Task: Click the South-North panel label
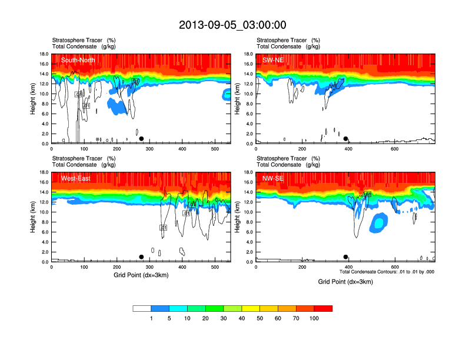click(x=78, y=60)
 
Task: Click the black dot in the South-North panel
click(x=141, y=139)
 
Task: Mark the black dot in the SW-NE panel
click(x=346, y=139)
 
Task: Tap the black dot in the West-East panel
click(x=141, y=257)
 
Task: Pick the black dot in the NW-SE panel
click(x=346, y=257)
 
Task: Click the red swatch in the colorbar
click(x=322, y=308)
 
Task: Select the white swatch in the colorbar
click(x=142, y=308)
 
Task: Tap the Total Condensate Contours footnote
click(x=387, y=272)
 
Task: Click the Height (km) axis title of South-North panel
click(x=34, y=99)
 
